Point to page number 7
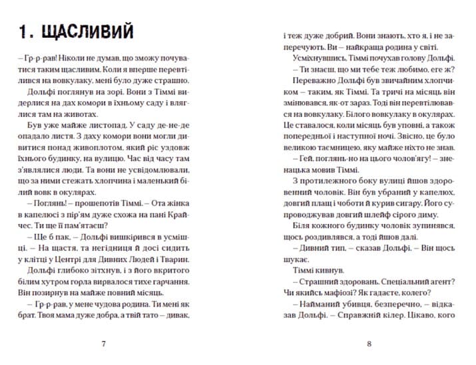point(103,344)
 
